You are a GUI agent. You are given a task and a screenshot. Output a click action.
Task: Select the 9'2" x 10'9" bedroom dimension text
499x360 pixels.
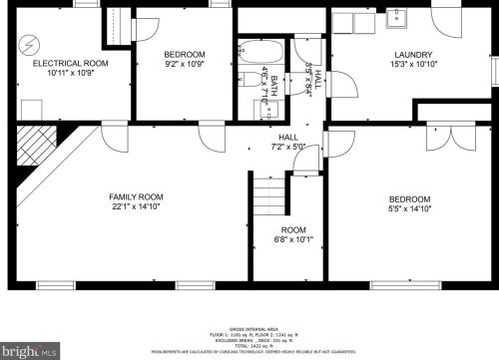click(x=185, y=64)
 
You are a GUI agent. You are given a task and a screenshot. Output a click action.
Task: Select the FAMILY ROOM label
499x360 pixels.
click(x=136, y=197)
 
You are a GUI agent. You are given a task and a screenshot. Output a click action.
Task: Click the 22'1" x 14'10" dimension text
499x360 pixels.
click(x=136, y=207)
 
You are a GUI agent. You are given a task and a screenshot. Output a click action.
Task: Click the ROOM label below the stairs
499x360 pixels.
click(x=293, y=229)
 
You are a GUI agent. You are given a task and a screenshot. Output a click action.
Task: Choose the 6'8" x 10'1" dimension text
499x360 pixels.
click(x=293, y=239)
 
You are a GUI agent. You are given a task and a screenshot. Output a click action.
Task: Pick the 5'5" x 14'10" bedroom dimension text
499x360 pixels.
click(x=409, y=208)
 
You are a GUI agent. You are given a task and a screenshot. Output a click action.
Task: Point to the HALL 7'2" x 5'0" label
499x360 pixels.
click(x=288, y=143)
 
